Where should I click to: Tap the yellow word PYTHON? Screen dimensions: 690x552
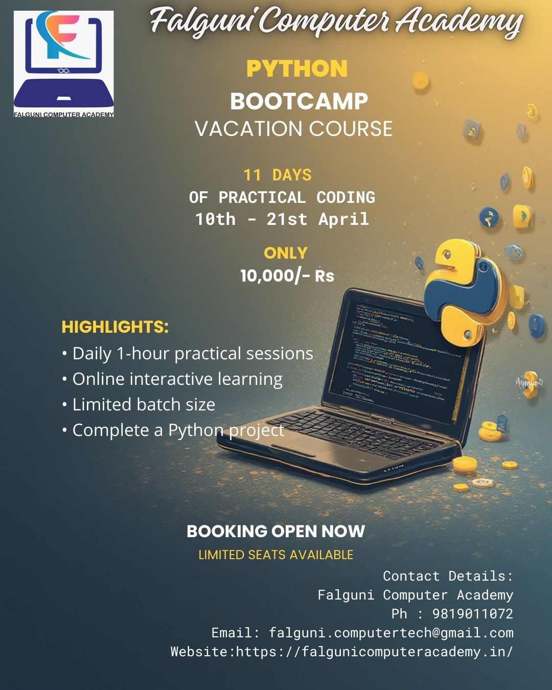297,69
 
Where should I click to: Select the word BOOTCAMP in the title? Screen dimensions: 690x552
299,101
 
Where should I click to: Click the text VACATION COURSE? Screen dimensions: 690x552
294,129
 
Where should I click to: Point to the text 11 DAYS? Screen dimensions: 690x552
278,175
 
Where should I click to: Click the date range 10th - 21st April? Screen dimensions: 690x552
282,219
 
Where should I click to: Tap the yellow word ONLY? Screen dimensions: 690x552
286,253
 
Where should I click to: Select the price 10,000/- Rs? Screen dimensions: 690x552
287,276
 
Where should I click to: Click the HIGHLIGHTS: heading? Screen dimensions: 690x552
115,327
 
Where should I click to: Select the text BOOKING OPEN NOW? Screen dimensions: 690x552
276,532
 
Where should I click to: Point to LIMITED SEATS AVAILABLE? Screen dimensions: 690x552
276,555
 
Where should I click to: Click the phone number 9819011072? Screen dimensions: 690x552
472,614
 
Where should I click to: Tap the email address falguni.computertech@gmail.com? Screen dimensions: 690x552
391,633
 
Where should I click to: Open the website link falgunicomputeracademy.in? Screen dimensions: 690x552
374,652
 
